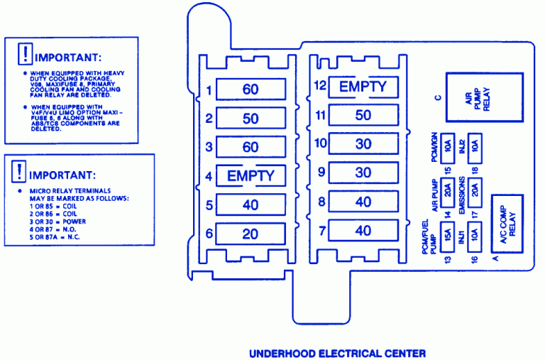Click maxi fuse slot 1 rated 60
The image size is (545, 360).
pos(250,89)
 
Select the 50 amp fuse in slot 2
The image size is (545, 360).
pos(250,118)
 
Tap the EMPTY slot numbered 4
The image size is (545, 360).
pos(250,175)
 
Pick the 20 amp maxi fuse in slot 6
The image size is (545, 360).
pos(250,233)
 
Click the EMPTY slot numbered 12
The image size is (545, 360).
pos(363,87)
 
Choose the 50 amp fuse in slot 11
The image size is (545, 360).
pos(363,115)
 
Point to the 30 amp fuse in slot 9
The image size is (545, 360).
pos(363,173)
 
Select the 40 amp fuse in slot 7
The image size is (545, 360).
pos(363,230)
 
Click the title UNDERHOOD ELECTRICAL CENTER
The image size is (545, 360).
pos(336,352)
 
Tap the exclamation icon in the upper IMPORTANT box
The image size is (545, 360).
pos(25,54)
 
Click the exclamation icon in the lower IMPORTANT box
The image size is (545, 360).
pos(20,171)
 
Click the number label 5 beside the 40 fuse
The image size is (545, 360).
pos(209,205)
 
